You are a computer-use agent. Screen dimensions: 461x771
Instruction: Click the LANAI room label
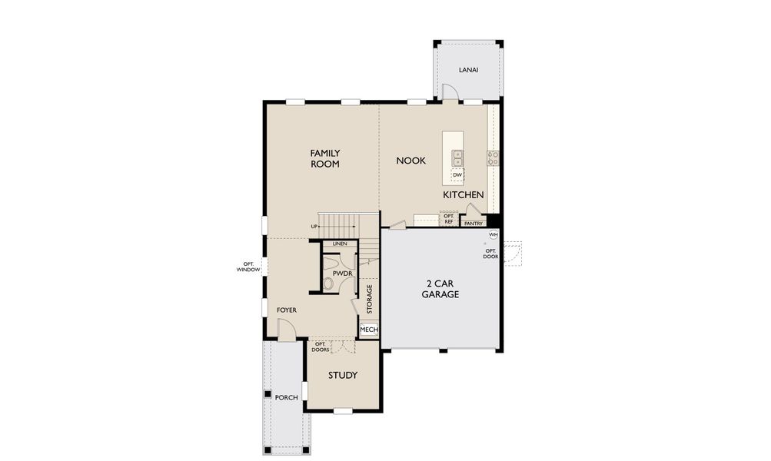pos(468,70)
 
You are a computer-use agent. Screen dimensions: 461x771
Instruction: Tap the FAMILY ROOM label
pos(325,158)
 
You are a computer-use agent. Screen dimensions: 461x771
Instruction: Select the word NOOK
pos(411,161)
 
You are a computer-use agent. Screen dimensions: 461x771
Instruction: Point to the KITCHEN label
pos(464,195)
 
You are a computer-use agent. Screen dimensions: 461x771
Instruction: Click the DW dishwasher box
pos(457,175)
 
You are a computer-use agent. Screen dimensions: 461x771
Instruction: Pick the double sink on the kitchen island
pos(457,158)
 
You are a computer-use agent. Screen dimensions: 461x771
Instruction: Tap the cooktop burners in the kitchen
pos(493,158)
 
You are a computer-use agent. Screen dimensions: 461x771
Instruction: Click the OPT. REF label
pos(449,219)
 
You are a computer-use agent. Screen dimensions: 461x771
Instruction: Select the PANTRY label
pos(474,224)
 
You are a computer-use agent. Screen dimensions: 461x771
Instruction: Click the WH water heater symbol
pos(494,234)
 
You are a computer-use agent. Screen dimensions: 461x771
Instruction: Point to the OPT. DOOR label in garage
pos(490,254)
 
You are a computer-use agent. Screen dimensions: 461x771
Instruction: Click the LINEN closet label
pos(340,244)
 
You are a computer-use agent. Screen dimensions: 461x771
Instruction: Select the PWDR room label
pos(342,273)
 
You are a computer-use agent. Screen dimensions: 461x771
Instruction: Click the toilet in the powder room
pos(328,284)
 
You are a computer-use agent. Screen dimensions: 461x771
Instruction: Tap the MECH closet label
pos(369,330)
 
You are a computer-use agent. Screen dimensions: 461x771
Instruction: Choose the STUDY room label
pos(343,375)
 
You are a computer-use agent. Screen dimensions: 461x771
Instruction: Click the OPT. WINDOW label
pos(248,267)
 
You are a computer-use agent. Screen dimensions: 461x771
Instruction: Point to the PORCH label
pos(286,397)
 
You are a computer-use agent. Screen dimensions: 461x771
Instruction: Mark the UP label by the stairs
pos(314,227)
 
